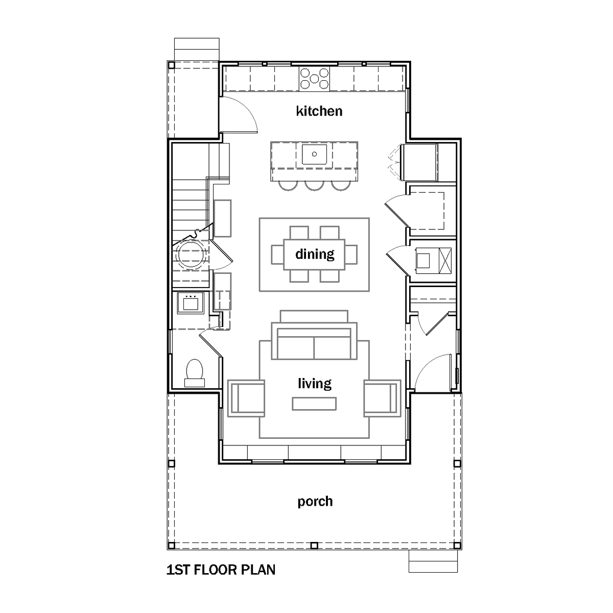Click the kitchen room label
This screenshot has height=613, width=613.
[319, 111]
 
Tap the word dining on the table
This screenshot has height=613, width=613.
[315, 254]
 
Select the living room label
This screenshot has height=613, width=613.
[315, 383]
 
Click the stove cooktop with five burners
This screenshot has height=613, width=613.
[314, 79]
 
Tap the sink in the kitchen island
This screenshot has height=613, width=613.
[314, 154]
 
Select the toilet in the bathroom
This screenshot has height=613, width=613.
[194, 373]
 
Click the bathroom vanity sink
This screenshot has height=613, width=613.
[191, 303]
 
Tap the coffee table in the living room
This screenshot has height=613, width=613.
[314, 404]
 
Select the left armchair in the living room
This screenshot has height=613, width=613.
[246, 398]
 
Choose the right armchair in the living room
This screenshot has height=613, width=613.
[383, 398]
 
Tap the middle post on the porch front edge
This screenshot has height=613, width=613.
[314, 546]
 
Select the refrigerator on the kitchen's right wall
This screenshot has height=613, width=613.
[419, 162]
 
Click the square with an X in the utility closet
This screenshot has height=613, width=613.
[445, 261]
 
